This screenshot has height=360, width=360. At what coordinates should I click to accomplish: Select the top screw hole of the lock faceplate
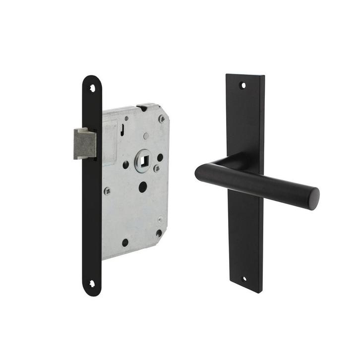click(x=92, y=88)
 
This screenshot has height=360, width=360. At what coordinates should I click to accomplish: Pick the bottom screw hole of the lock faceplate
click(x=92, y=284)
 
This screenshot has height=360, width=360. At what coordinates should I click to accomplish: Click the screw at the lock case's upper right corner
click(x=162, y=119)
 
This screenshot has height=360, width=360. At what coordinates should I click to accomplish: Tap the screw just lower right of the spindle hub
click(x=157, y=169)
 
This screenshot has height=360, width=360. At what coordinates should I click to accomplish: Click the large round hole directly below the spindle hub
click(x=143, y=186)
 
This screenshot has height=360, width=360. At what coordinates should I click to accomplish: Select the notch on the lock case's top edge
click(x=143, y=107)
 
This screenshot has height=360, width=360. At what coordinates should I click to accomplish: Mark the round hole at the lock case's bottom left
click(x=125, y=242)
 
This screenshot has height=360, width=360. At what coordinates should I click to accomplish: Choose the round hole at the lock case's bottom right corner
click(x=159, y=233)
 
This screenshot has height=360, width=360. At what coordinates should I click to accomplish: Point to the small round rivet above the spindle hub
click(x=145, y=136)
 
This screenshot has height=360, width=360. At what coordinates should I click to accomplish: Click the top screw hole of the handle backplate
click(x=243, y=85)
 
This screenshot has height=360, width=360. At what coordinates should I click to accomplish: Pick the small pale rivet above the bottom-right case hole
click(x=160, y=219)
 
